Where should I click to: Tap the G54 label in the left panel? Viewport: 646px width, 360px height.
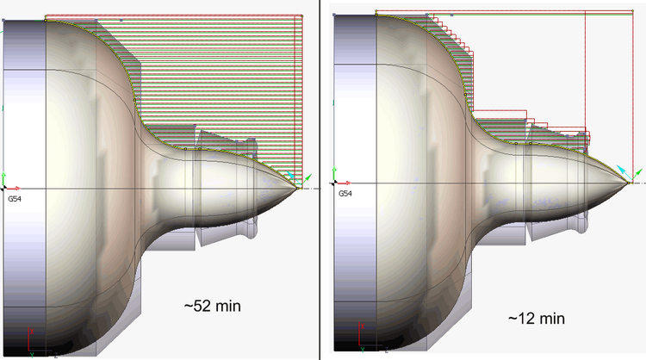14,197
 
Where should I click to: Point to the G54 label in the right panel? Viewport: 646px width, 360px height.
345,194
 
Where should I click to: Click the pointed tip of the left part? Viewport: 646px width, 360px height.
297,187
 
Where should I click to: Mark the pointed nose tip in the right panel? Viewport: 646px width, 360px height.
630,183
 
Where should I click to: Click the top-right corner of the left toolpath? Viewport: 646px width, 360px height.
301,15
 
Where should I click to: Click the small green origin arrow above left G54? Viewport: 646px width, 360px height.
5,175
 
